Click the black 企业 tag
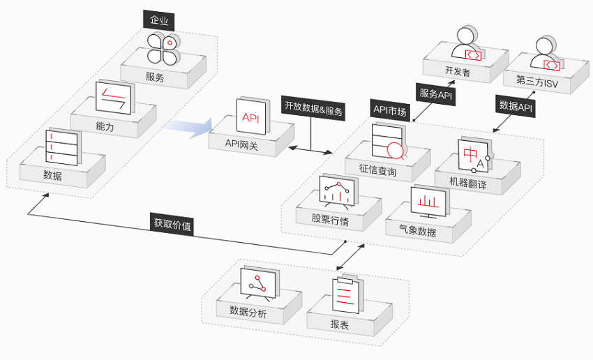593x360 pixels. (x=159, y=19)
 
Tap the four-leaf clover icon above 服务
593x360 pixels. (x=164, y=49)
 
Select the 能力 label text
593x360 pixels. (x=105, y=127)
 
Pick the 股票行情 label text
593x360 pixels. (x=331, y=220)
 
